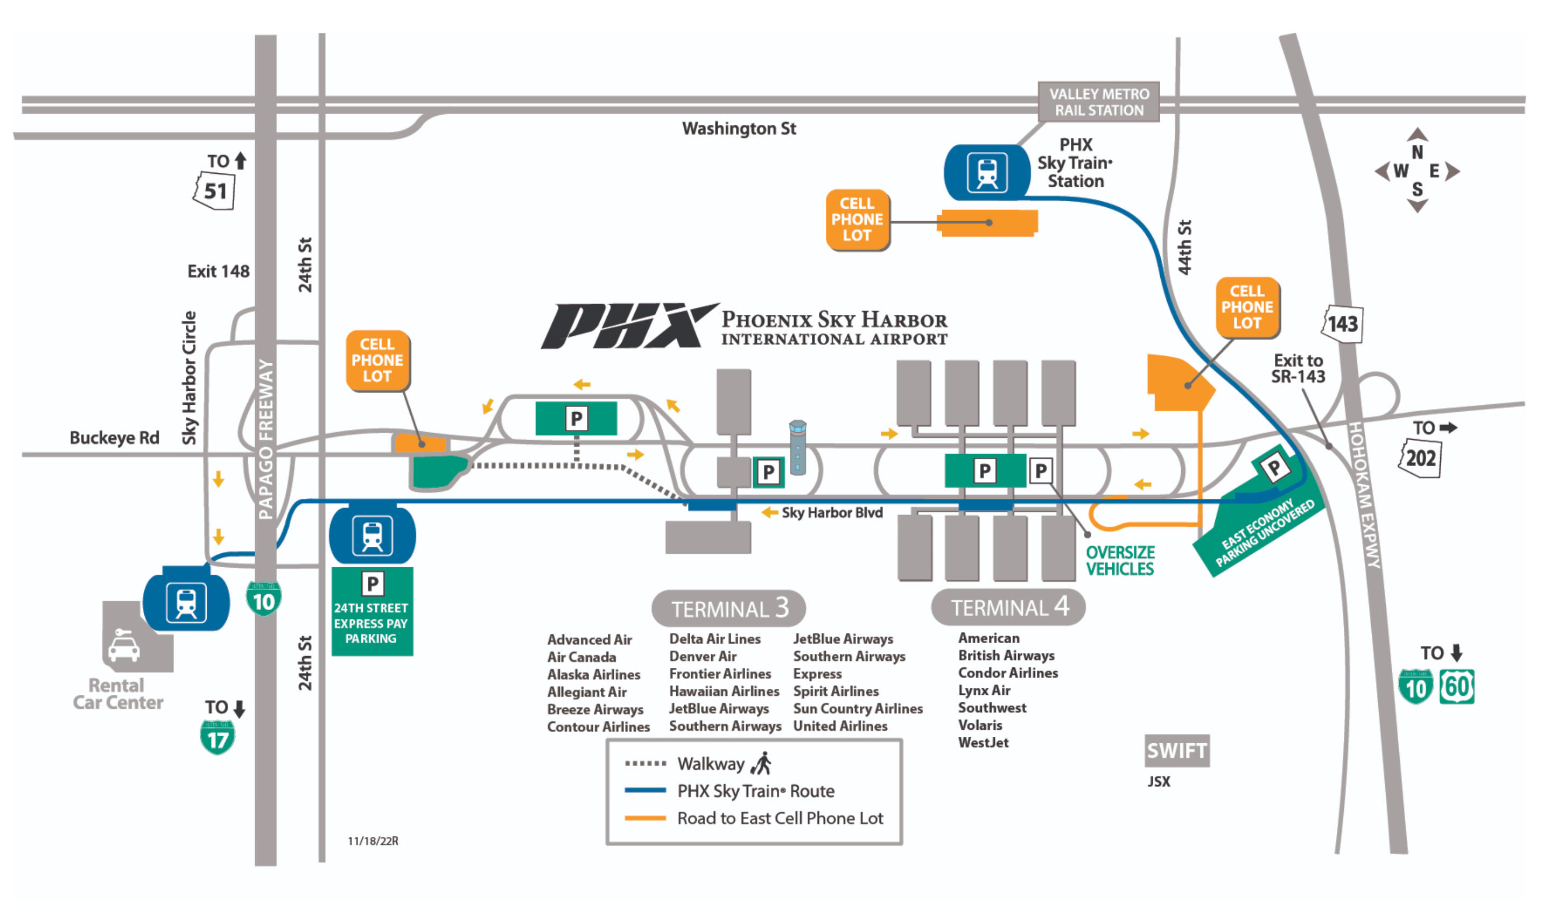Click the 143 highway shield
click(x=1342, y=323)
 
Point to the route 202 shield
click(x=1420, y=459)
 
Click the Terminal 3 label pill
click(x=728, y=608)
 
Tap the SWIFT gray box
click(x=1176, y=750)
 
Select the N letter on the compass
click(x=1416, y=152)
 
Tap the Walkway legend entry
click(x=711, y=764)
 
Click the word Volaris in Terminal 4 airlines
click(x=980, y=725)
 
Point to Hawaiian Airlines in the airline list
click(x=724, y=691)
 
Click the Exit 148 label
click(x=218, y=271)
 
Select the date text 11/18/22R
click(x=373, y=841)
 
